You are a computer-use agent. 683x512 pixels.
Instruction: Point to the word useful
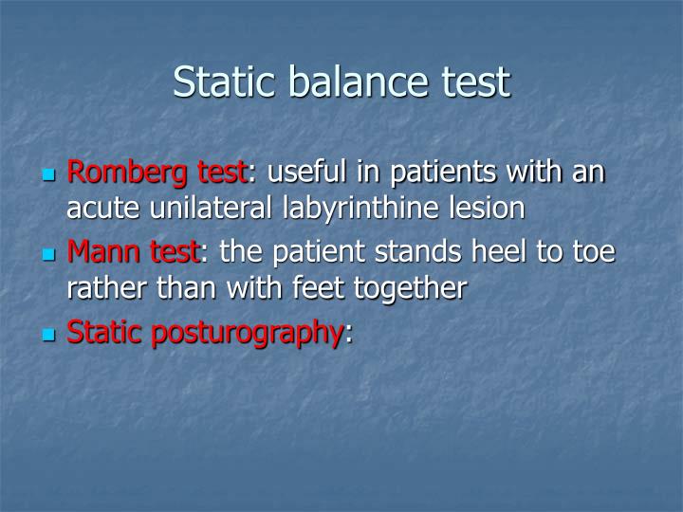pos(308,174)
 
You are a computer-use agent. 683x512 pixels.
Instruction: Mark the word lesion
pos(491,208)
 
